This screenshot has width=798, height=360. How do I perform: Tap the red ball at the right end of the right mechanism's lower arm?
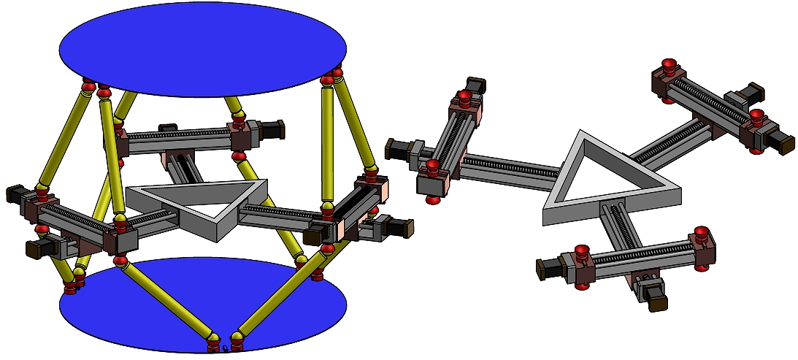tap(701, 235)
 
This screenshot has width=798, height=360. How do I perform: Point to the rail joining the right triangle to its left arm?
tap(511, 167)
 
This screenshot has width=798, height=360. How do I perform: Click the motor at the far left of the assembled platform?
tap(16, 195)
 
